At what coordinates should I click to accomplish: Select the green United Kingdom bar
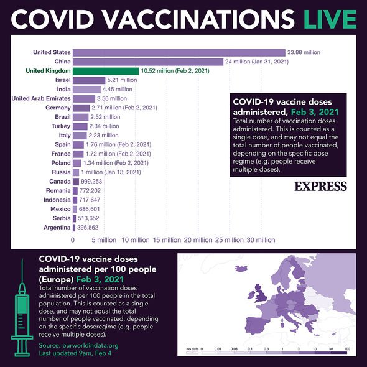point(106,71)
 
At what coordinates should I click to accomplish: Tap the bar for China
point(148,62)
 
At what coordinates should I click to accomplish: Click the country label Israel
point(63,80)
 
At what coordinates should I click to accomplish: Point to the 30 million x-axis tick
point(261,239)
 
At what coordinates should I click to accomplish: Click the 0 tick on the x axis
point(73,239)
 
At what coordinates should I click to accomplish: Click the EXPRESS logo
point(320,185)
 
